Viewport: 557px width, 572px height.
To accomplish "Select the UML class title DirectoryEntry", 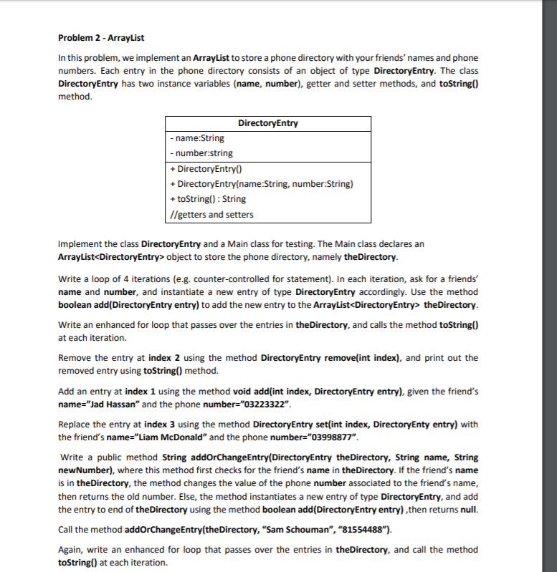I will click(x=267, y=123).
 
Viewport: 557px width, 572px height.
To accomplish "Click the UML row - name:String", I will click(x=196, y=138).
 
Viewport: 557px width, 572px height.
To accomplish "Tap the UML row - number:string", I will click(x=201, y=153).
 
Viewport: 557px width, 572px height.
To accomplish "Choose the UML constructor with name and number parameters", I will click(x=261, y=184).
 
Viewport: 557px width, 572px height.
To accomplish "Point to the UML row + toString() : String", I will click(x=207, y=199).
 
